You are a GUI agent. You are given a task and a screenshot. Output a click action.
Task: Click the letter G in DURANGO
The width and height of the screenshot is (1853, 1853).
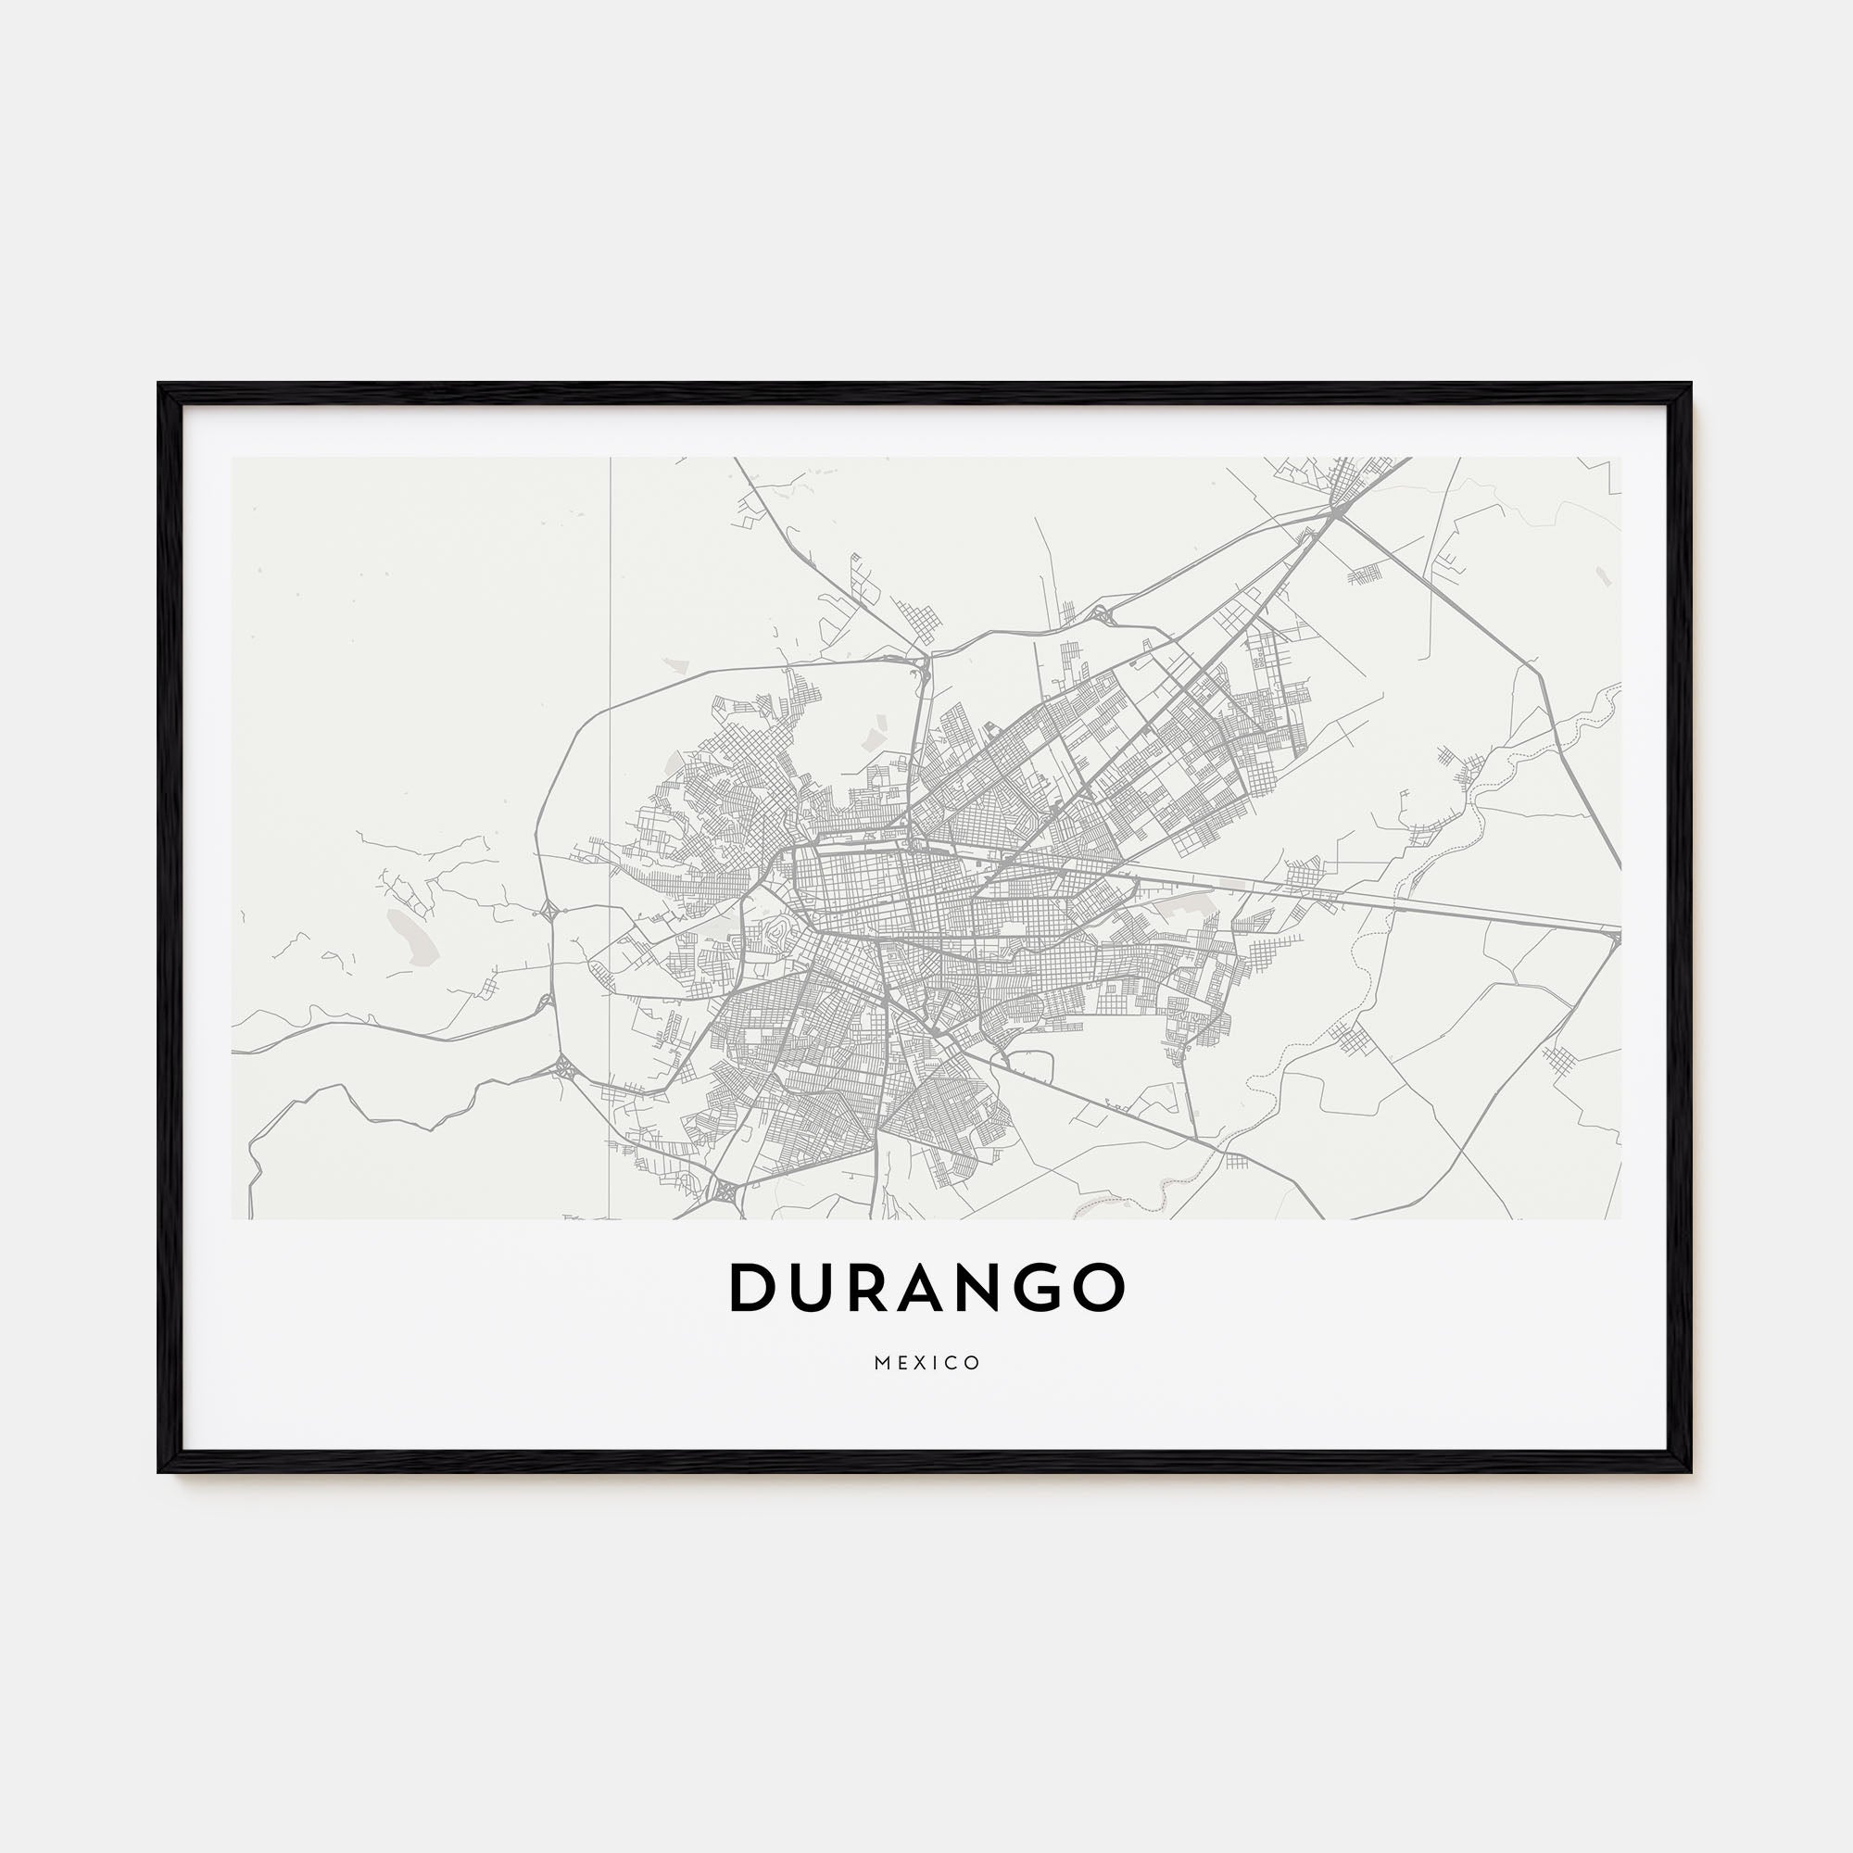click(x=1044, y=1287)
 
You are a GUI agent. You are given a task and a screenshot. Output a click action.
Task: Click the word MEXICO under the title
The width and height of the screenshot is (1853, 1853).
click(x=926, y=1363)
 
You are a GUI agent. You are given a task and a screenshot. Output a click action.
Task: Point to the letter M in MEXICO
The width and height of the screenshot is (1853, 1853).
click(x=881, y=1363)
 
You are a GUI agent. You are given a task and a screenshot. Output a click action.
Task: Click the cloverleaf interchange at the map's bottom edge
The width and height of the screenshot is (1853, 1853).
click(x=725, y=1192)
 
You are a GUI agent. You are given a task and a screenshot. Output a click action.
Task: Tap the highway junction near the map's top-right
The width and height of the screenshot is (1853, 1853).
click(x=1336, y=515)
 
